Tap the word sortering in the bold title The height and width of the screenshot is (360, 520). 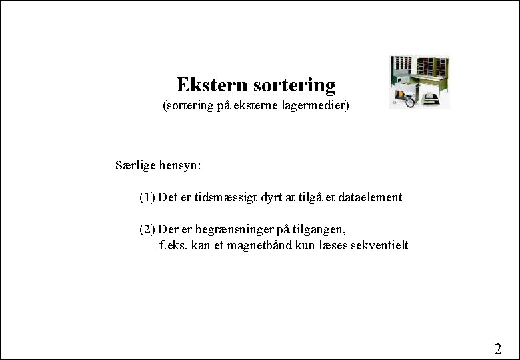pyautogui.click(x=295, y=85)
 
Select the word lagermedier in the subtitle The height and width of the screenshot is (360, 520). pyautogui.click(x=315, y=105)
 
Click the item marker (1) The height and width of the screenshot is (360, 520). pyautogui.click(x=147, y=197)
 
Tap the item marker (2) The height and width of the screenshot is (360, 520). pyautogui.click(x=147, y=229)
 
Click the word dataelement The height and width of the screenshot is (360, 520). pyautogui.click(x=370, y=197)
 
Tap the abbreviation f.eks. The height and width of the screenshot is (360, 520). pyautogui.click(x=174, y=245)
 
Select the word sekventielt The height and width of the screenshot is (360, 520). pyautogui.click(x=377, y=245)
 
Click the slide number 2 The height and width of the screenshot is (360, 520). pyautogui.click(x=497, y=348)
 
